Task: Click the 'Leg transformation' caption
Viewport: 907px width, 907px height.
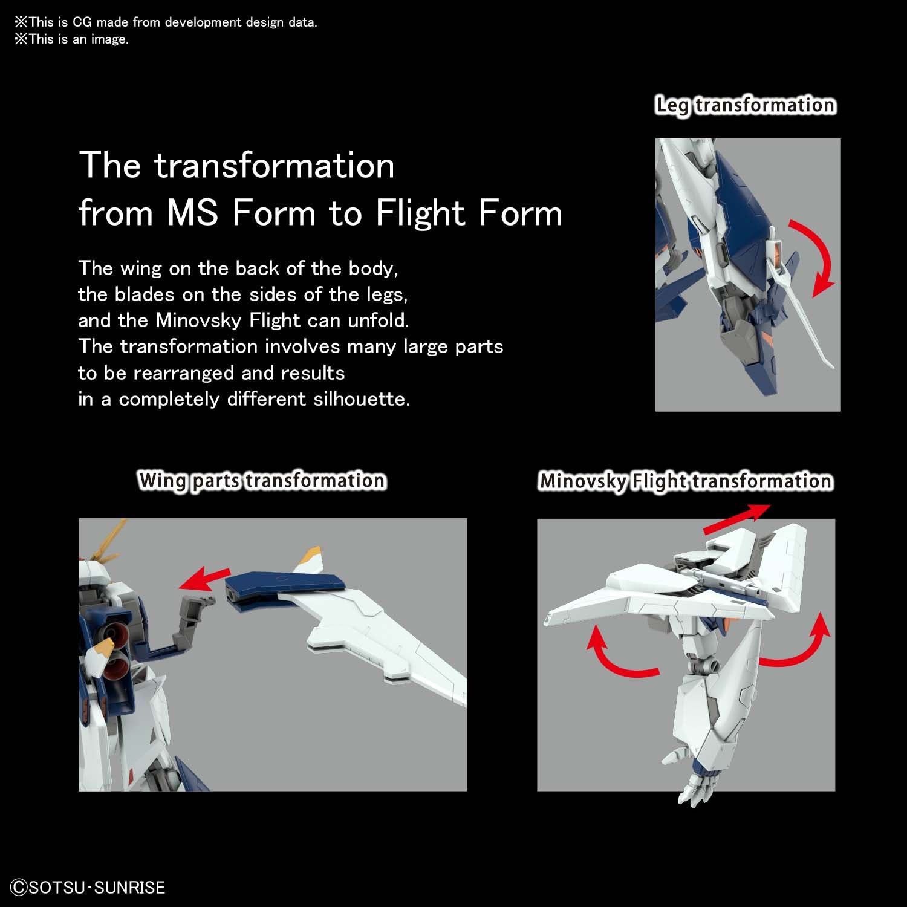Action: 746,105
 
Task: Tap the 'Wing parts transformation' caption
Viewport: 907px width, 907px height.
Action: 262,481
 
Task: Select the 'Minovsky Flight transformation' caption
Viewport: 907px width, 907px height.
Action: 686,481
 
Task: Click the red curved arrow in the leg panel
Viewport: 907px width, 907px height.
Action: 816,257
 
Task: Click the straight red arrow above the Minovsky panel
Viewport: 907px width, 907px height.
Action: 736,520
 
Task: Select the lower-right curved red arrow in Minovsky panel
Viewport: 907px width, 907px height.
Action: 798,644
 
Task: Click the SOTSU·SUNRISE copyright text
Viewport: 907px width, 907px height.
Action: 88,887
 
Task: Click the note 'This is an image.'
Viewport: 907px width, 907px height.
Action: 72,39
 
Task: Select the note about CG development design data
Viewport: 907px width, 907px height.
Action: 166,22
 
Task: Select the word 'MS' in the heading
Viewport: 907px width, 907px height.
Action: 192,213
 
